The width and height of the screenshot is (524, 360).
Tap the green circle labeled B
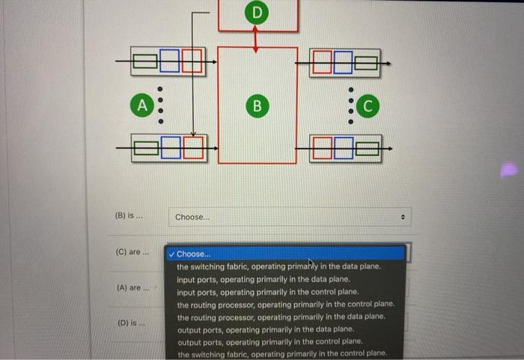(x=256, y=106)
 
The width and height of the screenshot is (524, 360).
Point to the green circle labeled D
(x=257, y=13)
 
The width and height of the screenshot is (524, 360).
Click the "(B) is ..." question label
(x=129, y=216)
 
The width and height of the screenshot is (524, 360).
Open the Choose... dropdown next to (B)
(x=289, y=217)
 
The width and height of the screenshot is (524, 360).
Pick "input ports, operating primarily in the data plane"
(x=264, y=279)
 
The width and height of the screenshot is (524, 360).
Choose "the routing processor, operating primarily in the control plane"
(x=285, y=305)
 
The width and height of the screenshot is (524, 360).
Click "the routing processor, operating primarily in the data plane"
(x=281, y=317)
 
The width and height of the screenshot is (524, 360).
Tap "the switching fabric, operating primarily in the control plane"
(x=282, y=354)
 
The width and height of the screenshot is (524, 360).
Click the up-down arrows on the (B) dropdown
(x=402, y=217)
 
